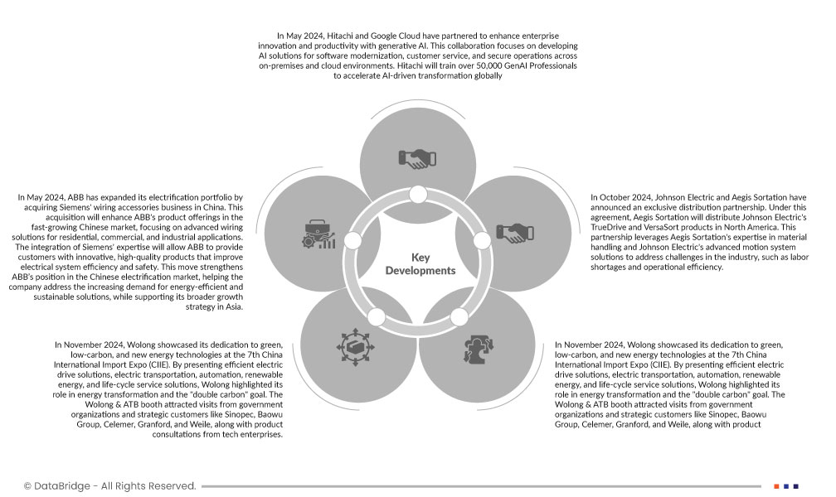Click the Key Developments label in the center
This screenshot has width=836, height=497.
pos(420,264)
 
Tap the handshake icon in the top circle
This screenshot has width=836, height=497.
pos(418,157)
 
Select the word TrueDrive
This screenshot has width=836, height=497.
pos(618,226)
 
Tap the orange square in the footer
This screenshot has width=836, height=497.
pos(776,486)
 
